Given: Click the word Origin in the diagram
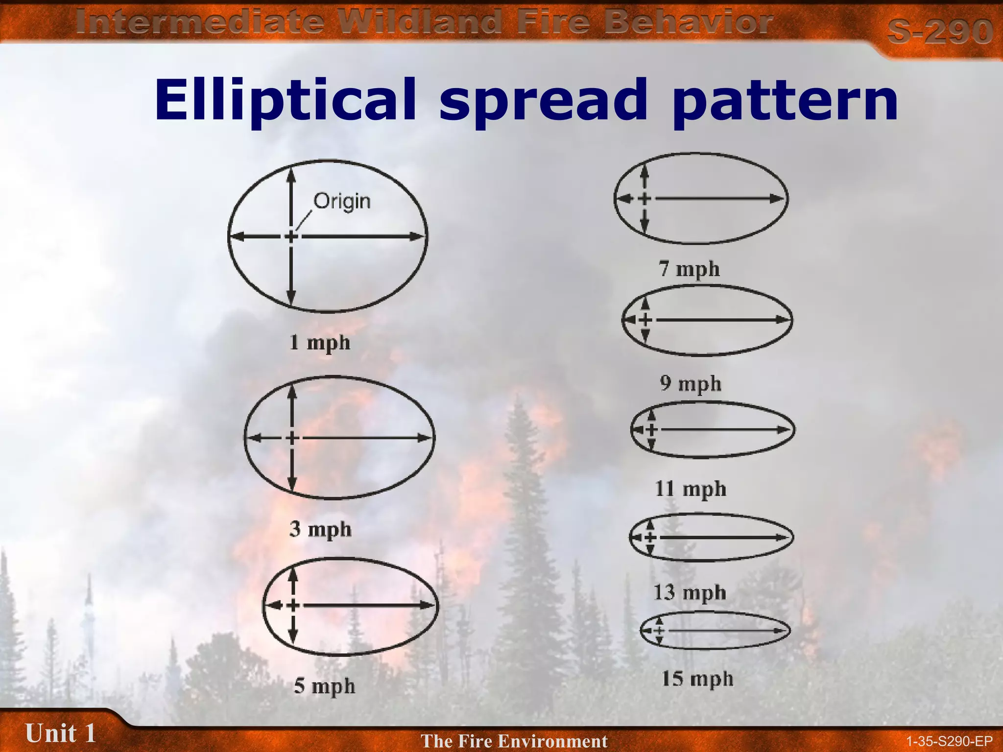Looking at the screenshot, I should (342, 201).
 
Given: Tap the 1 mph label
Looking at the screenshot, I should (320, 342).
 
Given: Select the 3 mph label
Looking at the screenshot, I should (320, 529).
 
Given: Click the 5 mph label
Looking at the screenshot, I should (324, 686).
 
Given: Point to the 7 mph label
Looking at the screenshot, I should (689, 269).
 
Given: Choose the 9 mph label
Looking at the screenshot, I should (691, 383).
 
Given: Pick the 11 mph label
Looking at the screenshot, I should (691, 489).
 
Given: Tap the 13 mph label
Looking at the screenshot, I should (690, 592).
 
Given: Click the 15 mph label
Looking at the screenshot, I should (697, 679).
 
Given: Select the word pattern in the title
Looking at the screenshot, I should (785, 100).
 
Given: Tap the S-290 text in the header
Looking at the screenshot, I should (939, 31).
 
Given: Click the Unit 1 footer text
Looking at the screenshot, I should (60, 733).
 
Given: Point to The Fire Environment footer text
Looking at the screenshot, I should (514, 741).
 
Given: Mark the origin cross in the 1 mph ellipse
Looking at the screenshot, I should (291, 237).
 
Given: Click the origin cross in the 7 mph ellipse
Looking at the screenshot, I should (645, 198).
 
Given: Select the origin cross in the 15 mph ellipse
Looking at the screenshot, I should (659, 631).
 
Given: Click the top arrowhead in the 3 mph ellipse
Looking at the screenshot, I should (292, 392).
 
